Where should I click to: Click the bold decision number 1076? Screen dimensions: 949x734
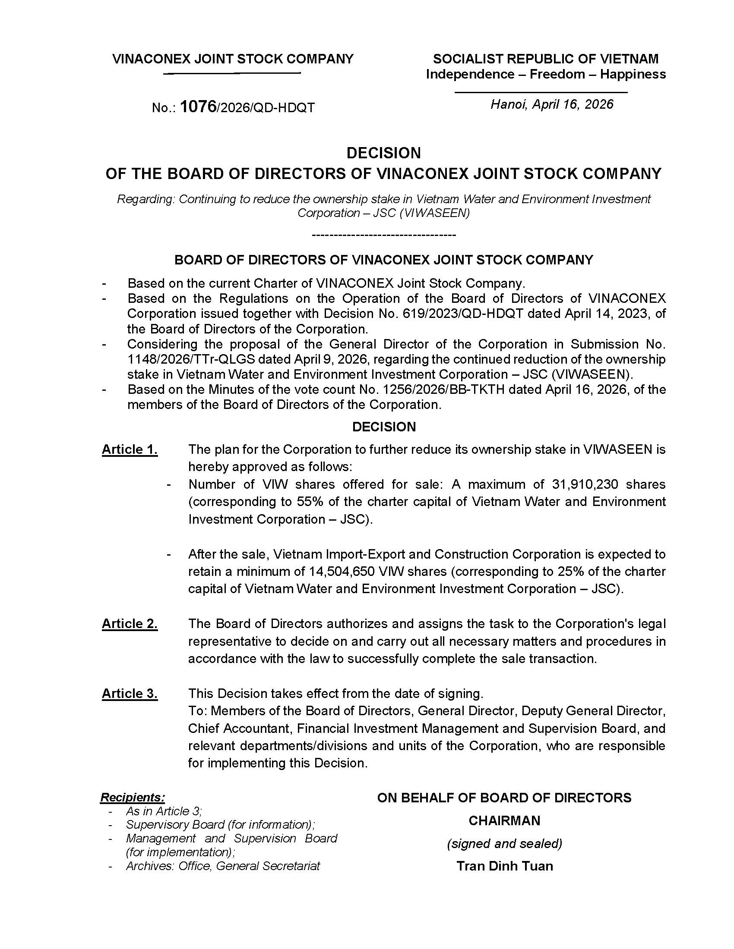(198, 107)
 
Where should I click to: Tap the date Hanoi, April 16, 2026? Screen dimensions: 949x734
(552, 104)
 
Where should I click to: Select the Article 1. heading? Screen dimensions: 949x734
(130, 449)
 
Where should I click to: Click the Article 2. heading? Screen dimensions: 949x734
(130, 624)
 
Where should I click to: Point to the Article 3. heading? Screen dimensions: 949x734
(130, 694)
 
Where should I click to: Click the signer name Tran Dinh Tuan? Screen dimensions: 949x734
(504, 866)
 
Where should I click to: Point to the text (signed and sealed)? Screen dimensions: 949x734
(504, 843)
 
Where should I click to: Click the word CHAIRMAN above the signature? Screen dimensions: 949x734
(504, 820)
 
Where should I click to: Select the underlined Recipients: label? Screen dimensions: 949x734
(133, 797)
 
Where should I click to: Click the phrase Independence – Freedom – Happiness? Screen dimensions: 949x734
(546, 74)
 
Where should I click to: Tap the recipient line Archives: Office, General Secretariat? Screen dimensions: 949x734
(223, 866)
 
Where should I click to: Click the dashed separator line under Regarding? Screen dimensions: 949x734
(384, 235)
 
